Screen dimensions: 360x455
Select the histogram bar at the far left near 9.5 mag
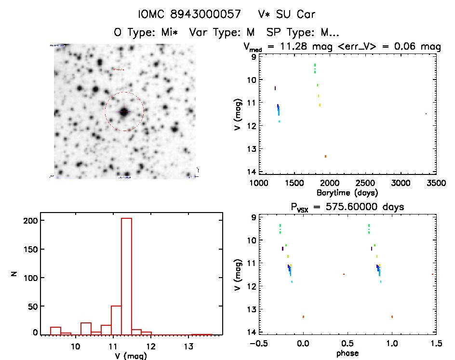pos(55,331)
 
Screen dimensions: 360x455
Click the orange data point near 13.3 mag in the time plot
pos(325,156)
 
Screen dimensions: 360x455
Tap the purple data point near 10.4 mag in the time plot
pos(275,88)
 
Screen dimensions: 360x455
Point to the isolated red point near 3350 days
pos(426,114)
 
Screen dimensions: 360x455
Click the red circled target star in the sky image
pos(124,112)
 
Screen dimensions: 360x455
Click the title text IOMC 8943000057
pos(189,14)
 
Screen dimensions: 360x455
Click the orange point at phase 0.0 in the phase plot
pos(303,317)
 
